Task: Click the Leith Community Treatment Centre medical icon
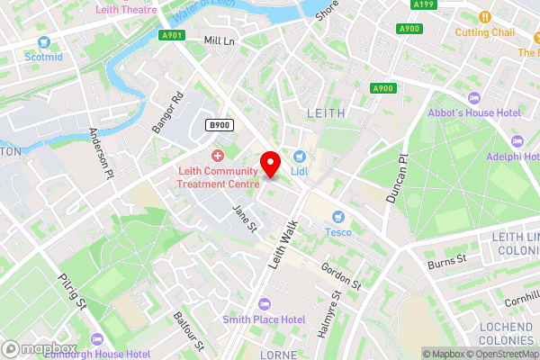pos(217,156)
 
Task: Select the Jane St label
pos(244,219)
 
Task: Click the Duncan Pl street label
pos(397,176)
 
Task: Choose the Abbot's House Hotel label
pos(478,112)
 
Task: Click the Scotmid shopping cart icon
pos(43,41)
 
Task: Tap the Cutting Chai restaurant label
pos(484,32)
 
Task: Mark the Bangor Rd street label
pos(166,112)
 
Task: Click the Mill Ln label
pos(219,40)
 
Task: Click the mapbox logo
pos(40,348)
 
